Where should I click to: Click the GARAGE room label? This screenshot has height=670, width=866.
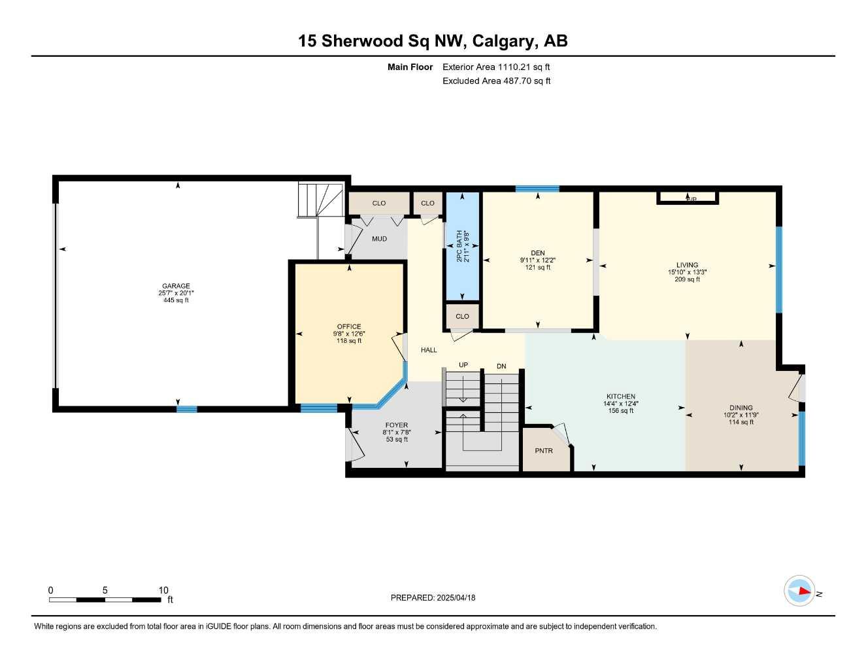(x=176, y=286)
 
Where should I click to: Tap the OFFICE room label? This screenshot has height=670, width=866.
(x=349, y=326)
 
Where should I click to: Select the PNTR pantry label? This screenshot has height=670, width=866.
(x=544, y=451)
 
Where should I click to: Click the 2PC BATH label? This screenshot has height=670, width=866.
(x=459, y=246)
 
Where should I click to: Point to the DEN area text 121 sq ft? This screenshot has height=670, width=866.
(x=537, y=268)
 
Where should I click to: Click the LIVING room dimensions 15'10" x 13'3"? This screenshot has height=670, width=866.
(x=687, y=272)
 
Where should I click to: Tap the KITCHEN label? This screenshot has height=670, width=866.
(x=620, y=397)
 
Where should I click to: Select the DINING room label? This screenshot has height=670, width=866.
(x=741, y=408)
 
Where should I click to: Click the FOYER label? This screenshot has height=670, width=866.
(x=396, y=425)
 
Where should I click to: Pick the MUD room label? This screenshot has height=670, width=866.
(x=379, y=239)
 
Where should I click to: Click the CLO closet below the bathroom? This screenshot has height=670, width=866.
(x=462, y=317)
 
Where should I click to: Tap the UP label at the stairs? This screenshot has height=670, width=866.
(x=463, y=365)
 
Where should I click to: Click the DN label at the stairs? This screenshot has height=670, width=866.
(x=501, y=366)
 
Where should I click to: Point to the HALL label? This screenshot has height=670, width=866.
(x=429, y=350)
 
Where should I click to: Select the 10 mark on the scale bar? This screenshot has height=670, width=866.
(x=163, y=590)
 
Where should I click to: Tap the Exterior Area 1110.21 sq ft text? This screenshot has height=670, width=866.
(x=496, y=67)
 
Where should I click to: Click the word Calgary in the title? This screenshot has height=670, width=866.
(x=503, y=41)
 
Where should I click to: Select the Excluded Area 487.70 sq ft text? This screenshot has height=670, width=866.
(x=496, y=81)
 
